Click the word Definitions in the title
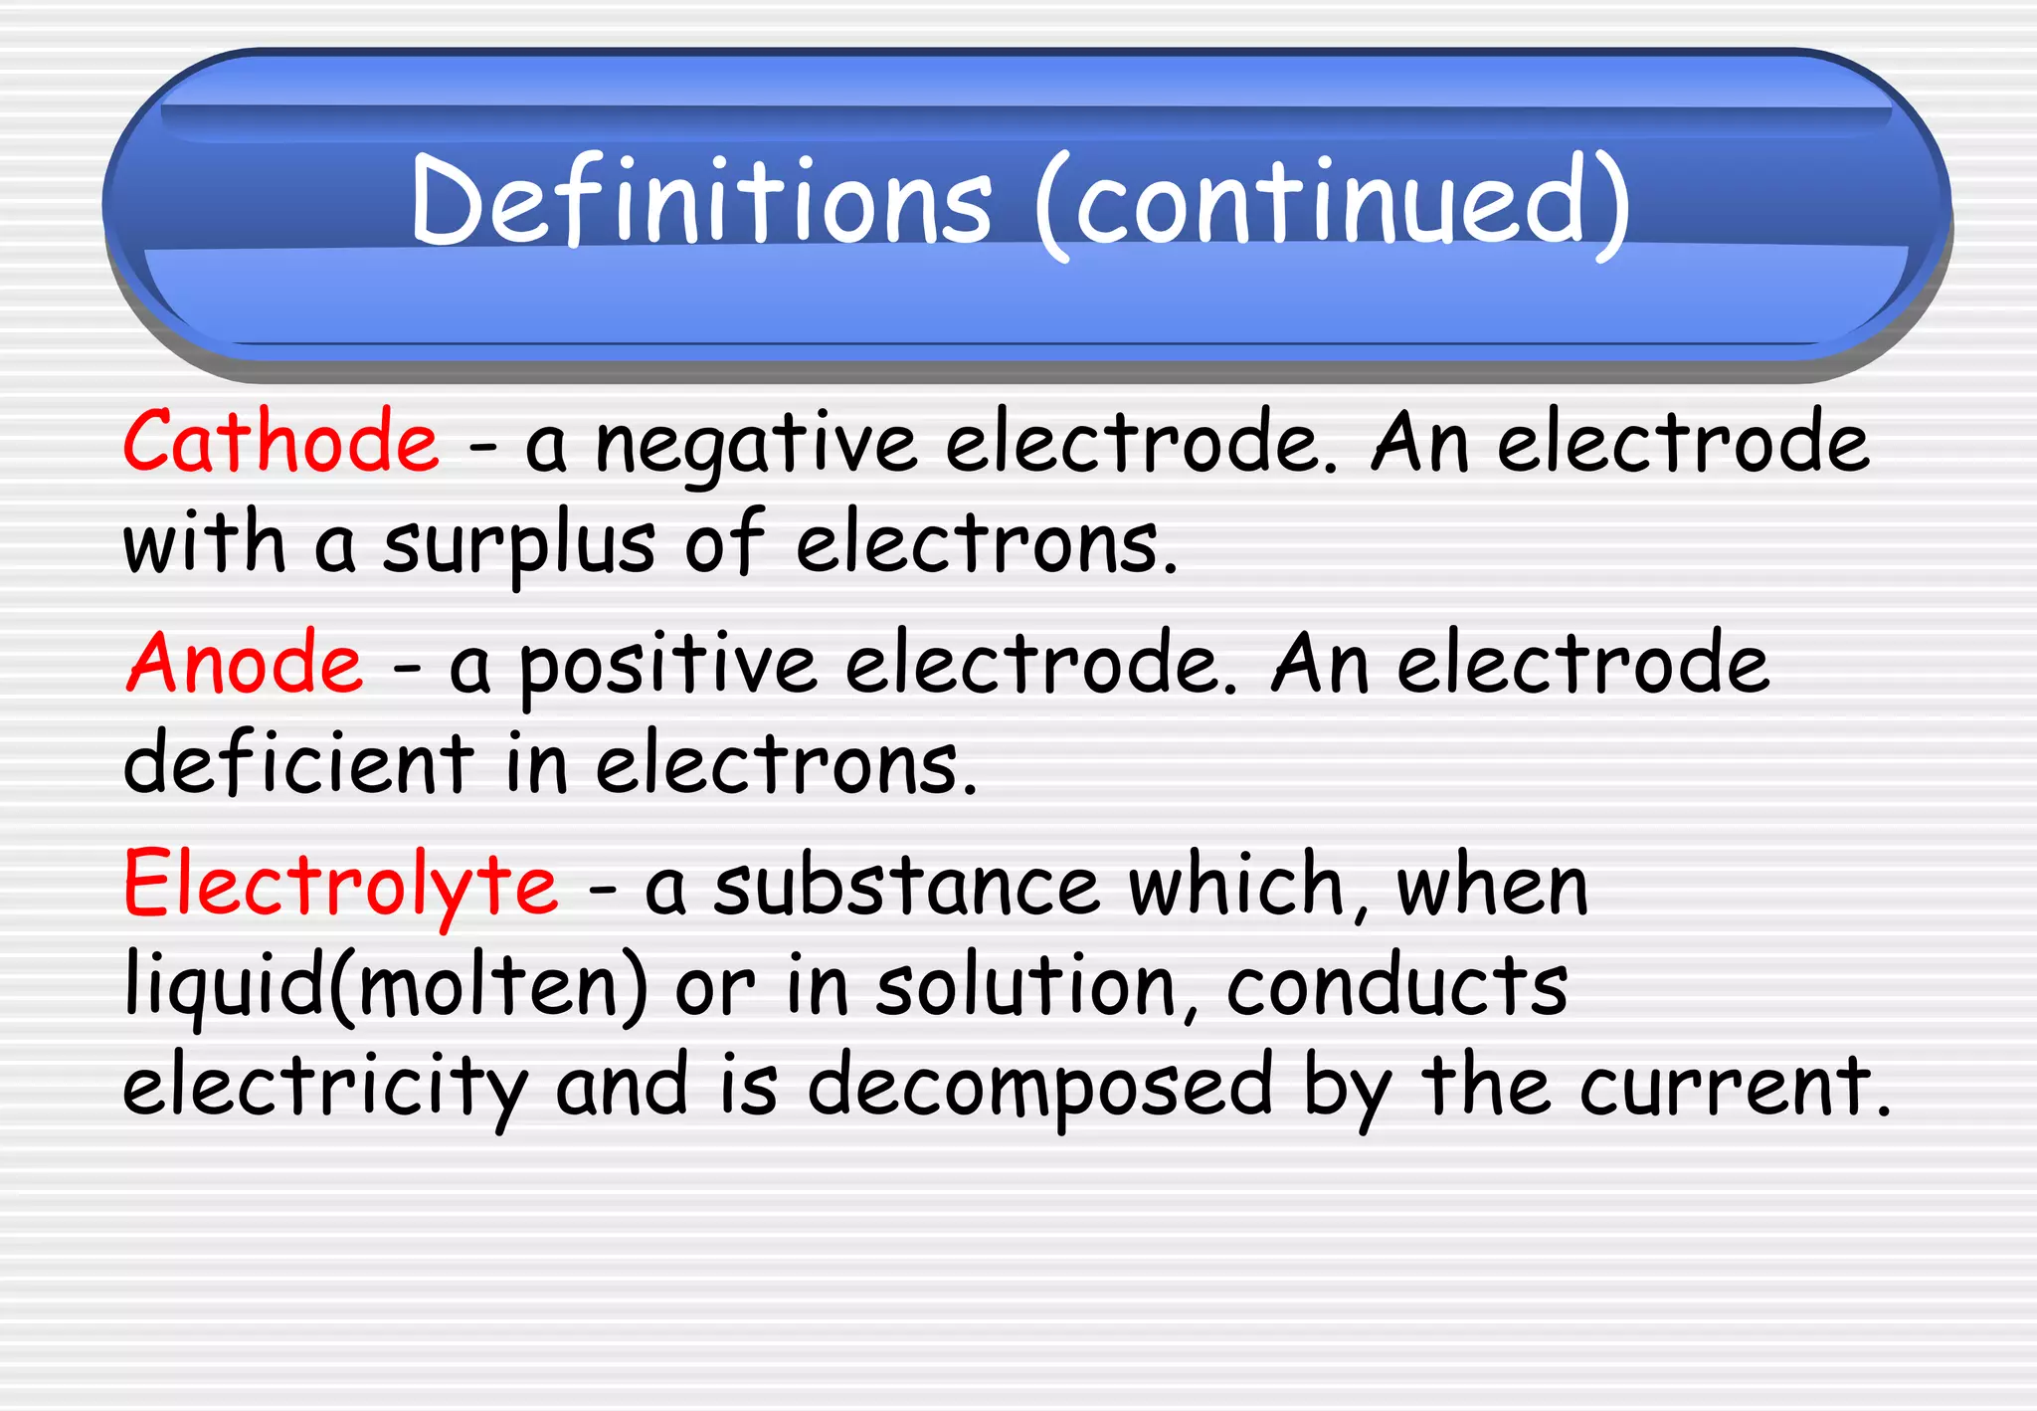pos(701,202)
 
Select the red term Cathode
pos(280,443)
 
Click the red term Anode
pos(246,664)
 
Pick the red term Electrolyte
pos(340,886)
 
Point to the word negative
pos(756,446)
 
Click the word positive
pos(667,667)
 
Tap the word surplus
pos(518,546)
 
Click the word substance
pos(906,887)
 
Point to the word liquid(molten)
pos(386,987)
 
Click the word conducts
pos(1397,987)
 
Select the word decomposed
pos(1039,1088)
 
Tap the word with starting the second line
pos(204,544)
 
